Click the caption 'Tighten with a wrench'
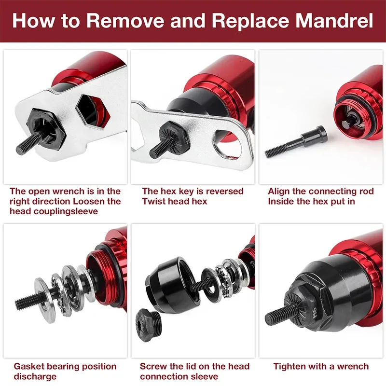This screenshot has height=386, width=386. pyautogui.click(x=321, y=367)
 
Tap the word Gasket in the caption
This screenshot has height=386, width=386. pyautogui.click(x=29, y=367)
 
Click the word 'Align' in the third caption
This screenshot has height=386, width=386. pyautogui.click(x=280, y=192)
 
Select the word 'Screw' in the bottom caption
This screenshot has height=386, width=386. pyautogui.click(x=153, y=367)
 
